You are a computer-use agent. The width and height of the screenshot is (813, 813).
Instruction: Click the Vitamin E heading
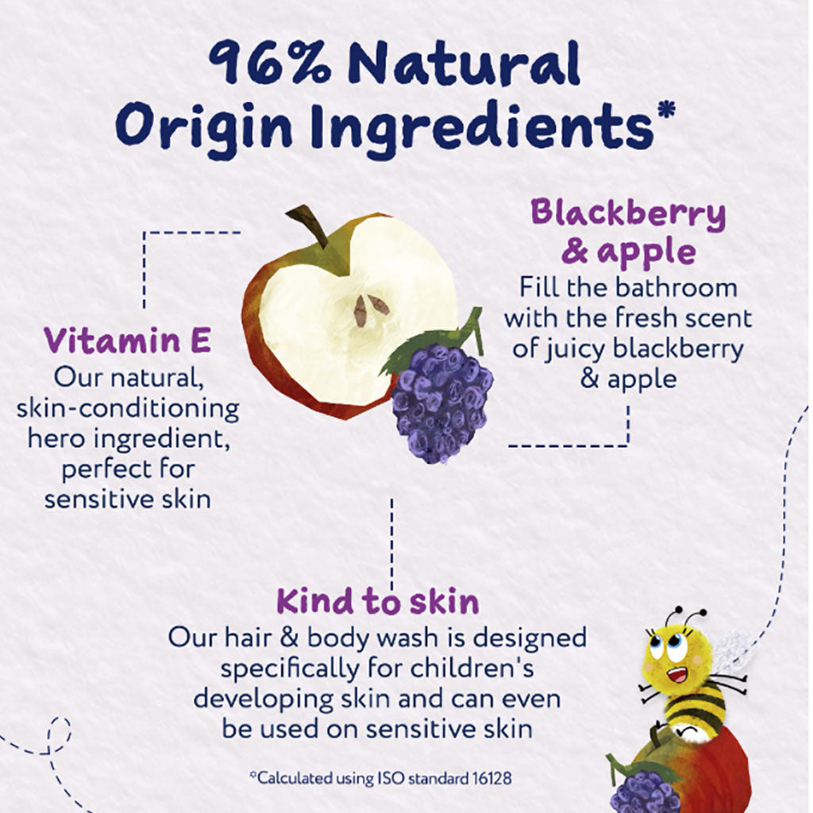(x=127, y=341)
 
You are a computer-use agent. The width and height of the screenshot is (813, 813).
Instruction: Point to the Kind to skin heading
(x=378, y=601)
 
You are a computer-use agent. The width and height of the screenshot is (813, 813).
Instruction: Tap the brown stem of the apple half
(x=308, y=224)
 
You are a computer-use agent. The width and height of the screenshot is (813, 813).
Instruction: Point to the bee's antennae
(x=684, y=616)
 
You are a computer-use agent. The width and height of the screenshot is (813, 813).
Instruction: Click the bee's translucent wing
(x=732, y=649)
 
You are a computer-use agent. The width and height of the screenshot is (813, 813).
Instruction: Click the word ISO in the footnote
(x=380, y=778)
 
